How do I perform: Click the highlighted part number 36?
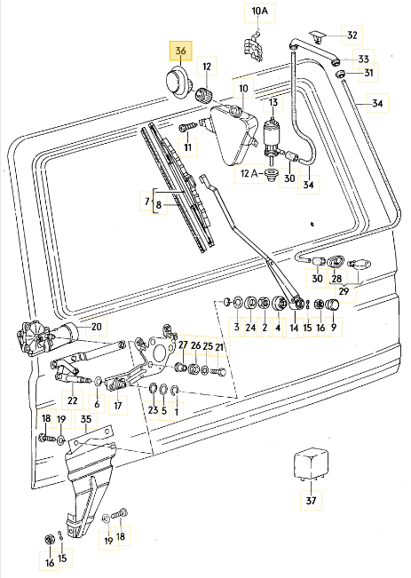[180, 51]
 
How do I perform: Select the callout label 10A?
[260, 11]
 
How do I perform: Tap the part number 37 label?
[311, 500]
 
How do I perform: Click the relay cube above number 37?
[311, 464]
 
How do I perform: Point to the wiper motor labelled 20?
[47, 337]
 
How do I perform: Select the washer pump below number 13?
[272, 139]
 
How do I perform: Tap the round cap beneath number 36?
[178, 83]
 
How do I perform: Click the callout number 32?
[352, 35]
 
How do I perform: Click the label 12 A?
[249, 173]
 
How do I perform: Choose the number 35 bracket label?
[86, 419]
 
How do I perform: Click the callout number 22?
[73, 400]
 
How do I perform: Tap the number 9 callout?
[333, 327]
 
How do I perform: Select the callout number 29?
[344, 291]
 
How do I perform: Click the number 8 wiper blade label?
[159, 204]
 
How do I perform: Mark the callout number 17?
[117, 406]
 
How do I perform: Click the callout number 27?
[183, 345]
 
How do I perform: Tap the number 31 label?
[368, 73]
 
